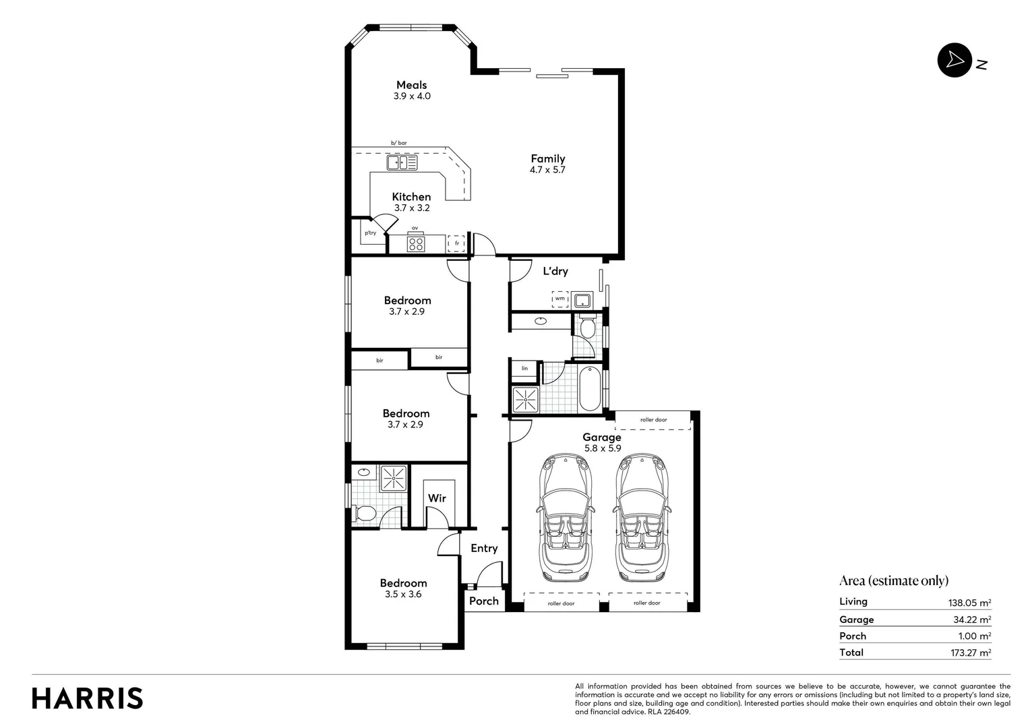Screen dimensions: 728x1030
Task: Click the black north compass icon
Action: [954, 61]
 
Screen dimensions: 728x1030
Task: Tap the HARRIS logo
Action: [88, 698]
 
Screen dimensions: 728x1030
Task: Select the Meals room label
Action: [411, 85]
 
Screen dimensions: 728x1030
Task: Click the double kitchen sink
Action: [402, 162]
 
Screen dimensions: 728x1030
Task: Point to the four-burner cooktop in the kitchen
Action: [415, 244]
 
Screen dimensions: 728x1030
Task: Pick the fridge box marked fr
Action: [457, 243]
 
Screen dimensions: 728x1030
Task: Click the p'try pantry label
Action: [370, 233]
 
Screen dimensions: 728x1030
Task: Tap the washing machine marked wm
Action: [559, 299]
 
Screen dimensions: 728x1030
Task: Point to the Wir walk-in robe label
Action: [437, 498]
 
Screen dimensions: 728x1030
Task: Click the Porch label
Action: [483, 601]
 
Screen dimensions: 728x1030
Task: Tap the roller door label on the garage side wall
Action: [653, 420]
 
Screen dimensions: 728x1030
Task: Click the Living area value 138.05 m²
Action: [969, 603]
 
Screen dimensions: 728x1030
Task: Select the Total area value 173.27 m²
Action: [969, 653]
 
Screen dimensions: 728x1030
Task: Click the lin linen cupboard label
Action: [524, 369]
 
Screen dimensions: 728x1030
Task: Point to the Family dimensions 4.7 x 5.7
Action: [547, 170]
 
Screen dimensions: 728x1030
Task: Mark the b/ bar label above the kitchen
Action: [399, 143]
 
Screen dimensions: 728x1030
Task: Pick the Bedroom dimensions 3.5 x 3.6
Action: [403, 595]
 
